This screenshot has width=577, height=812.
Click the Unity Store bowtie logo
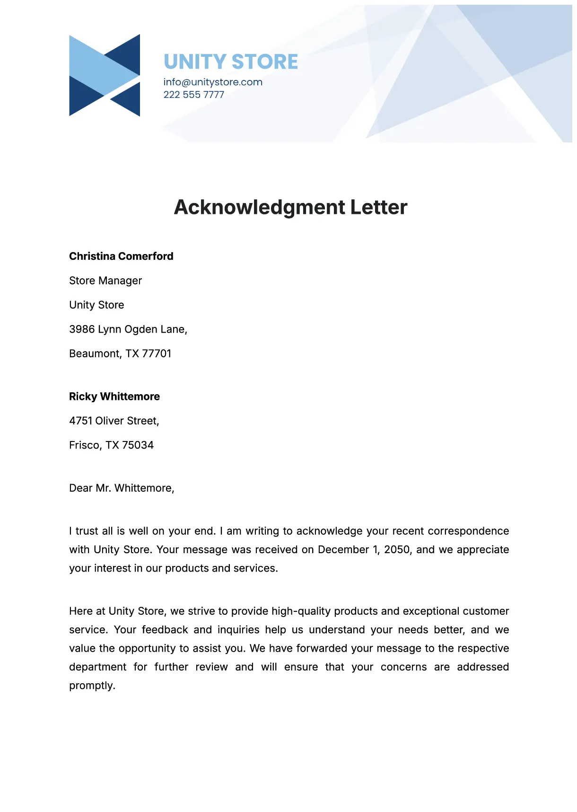coord(105,75)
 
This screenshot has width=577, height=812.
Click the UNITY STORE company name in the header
coord(231,62)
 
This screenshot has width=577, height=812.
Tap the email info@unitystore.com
coord(213,82)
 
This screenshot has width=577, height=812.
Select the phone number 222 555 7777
coord(194,95)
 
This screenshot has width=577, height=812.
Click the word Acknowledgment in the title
coord(260,207)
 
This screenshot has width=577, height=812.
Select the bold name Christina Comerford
coord(121,256)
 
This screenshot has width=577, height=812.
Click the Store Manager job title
coord(105,281)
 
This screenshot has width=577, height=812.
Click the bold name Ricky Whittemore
coord(114,397)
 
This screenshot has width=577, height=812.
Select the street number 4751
coord(81,421)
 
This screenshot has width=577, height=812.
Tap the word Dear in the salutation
coord(81,488)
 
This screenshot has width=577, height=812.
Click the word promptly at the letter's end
coord(92,686)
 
